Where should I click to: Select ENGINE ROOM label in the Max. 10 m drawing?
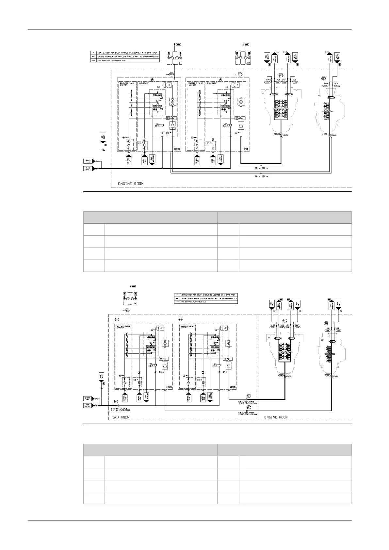pyautogui.click(x=130, y=184)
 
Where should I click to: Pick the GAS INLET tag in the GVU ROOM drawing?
pyautogui.click(x=88, y=405)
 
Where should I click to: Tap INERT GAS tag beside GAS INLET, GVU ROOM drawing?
pyautogui.click(x=88, y=398)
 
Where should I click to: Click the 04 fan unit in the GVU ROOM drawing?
pyautogui.click(x=130, y=298)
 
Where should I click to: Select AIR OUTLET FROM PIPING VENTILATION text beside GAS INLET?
pyautogui.click(x=121, y=409)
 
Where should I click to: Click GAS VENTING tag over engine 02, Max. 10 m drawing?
pyautogui.click(x=330, y=58)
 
